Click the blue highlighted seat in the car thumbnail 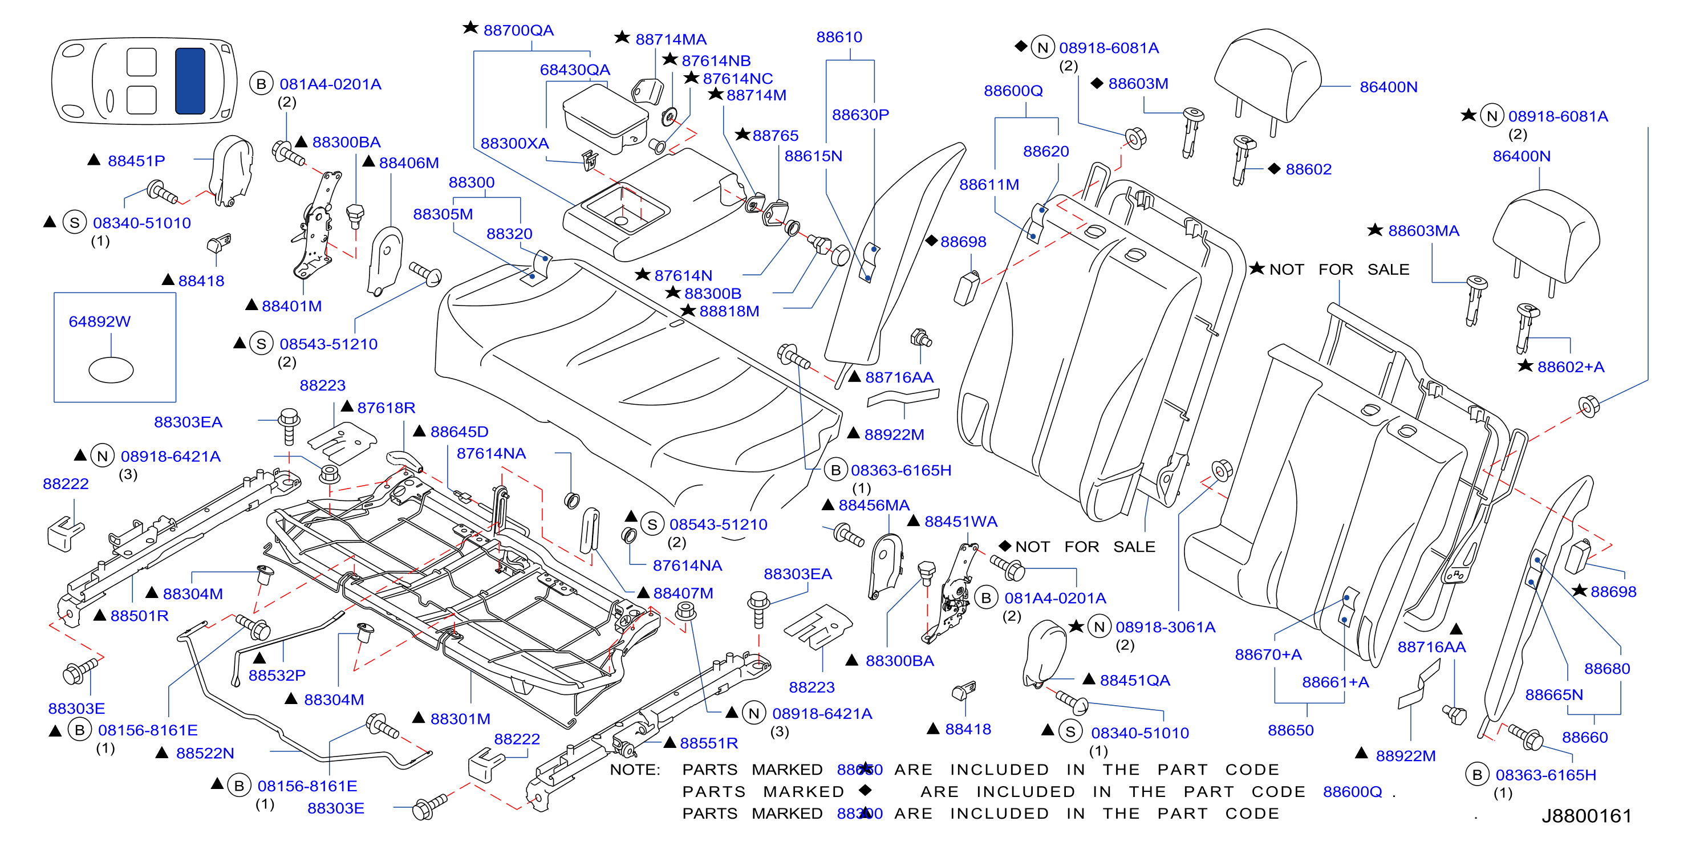[x=190, y=81]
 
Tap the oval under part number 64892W [x=111, y=370]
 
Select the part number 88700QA [x=518, y=30]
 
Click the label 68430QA [x=575, y=70]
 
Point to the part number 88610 [x=839, y=37]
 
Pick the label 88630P [x=860, y=115]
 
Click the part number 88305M [x=443, y=214]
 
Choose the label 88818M [x=729, y=311]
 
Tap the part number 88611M [x=989, y=185]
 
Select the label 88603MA [x=1423, y=231]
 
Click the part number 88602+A [x=1571, y=367]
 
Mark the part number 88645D [x=460, y=432]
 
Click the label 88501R [x=139, y=616]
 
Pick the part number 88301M [x=460, y=719]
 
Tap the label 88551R [x=709, y=743]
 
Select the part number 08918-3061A [x=1165, y=627]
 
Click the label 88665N [x=1553, y=695]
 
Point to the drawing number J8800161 [x=1586, y=816]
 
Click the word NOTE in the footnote [x=635, y=770]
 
